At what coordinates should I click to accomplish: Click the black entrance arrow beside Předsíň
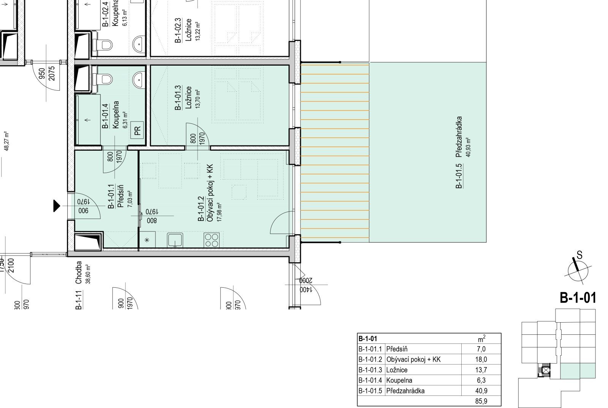click(56, 206)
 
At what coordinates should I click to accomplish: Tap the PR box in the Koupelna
click(137, 131)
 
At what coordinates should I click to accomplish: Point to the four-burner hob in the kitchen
click(211, 240)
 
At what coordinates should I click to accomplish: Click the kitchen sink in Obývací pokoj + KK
click(175, 240)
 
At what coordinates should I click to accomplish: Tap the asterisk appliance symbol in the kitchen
click(147, 239)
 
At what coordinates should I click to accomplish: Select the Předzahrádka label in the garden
click(459, 137)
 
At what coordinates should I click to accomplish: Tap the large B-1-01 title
click(578, 298)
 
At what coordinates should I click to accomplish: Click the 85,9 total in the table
click(481, 401)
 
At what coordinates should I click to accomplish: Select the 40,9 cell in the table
click(481, 391)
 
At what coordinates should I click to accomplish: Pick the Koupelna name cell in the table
click(399, 380)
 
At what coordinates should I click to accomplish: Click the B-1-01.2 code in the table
click(370, 359)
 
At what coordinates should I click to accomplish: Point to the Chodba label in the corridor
click(79, 273)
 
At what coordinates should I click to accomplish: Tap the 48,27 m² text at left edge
click(6, 141)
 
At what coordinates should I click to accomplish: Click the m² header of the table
click(481, 339)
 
